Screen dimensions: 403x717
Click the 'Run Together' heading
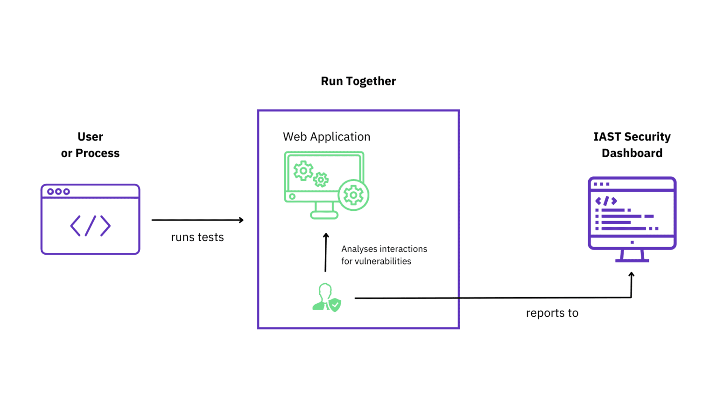point(358,81)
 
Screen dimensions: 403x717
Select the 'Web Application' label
point(326,137)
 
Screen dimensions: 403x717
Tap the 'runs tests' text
point(197,237)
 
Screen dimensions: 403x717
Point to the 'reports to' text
point(552,313)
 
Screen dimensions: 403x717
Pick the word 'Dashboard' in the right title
point(632,153)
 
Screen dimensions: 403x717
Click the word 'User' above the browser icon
point(90,137)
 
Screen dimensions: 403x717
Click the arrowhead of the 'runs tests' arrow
point(241,220)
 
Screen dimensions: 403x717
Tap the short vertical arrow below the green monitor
point(326,252)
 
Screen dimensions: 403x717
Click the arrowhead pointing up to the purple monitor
point(631,275)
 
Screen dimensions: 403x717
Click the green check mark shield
point(335,305)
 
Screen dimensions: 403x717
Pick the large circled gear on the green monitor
point(353,195)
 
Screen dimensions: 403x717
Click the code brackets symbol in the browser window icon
point(90,226)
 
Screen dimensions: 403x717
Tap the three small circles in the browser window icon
point(58,192)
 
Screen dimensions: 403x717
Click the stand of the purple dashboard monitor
point(632,256)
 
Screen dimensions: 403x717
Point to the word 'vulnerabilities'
point(383,261)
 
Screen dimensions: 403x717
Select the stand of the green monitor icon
point(324,210)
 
